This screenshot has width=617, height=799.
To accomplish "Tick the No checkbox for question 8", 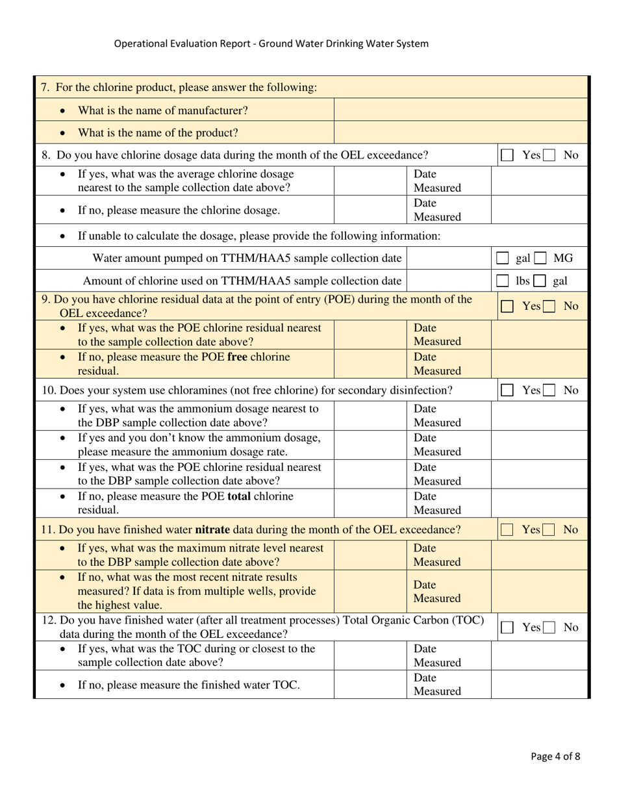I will pos(549,155).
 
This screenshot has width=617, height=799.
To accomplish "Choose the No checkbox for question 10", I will pos(549,390).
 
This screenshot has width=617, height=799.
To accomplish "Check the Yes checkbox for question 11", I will pos(508,530).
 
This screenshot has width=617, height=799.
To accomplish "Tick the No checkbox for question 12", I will pos(549,628).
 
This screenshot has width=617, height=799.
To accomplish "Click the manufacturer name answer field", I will pos(460,110).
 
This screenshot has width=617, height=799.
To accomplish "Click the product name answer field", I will pos(460,133).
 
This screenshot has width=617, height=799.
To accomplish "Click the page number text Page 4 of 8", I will pos(555,755).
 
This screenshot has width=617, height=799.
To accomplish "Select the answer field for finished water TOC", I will pos(371,685).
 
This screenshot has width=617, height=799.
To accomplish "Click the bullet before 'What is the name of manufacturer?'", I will pos(62,111).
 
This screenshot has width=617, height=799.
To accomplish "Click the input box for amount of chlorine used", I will pos(449,281).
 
